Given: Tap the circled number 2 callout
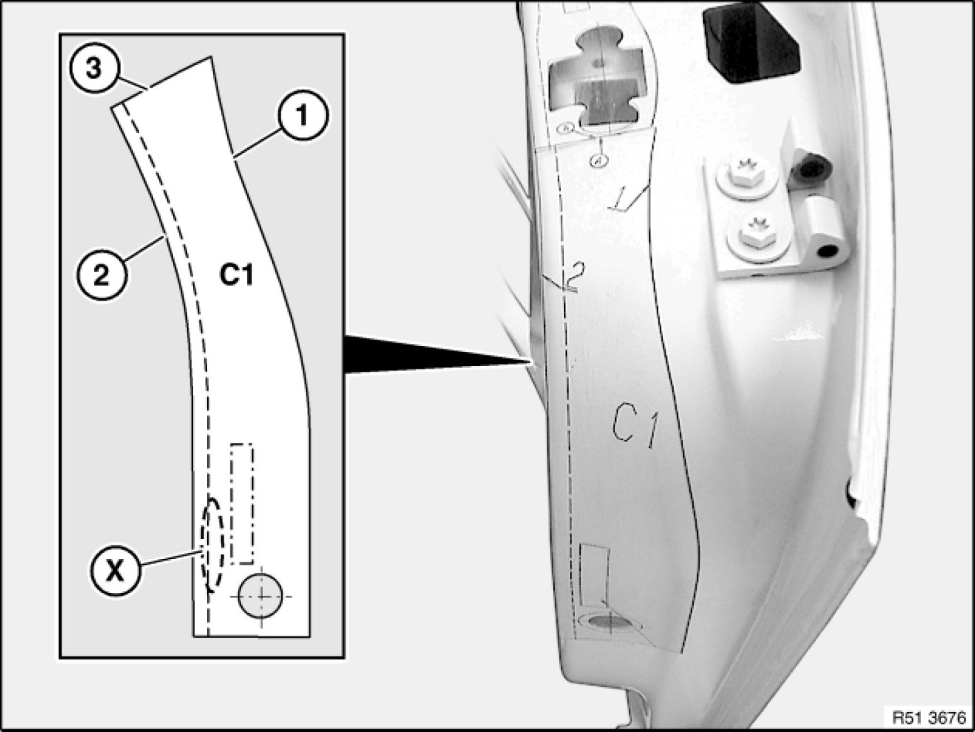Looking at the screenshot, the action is [x=101, y=275].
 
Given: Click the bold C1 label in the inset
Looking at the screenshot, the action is [x=237, y=275].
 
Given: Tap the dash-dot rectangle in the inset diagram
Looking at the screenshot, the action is [x=242, y=503].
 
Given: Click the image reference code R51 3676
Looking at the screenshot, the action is [x=928, y=716].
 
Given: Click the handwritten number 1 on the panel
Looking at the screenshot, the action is [x=625, y=198].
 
